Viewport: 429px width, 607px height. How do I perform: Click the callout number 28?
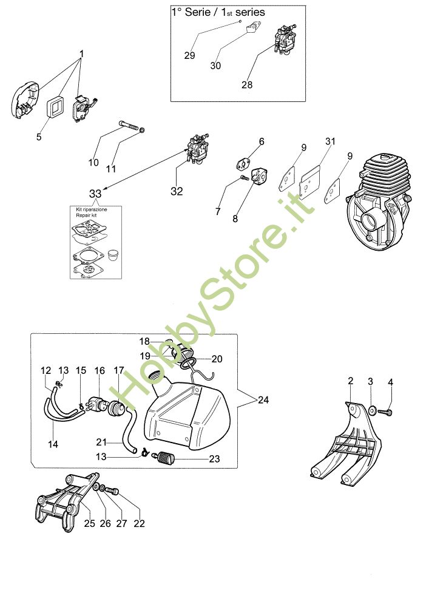[x=247, y=85]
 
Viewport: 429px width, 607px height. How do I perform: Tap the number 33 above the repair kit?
[x=96, y=193]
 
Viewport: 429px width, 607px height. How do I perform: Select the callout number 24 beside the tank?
[x=263, y=400]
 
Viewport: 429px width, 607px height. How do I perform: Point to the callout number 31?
[x=330, y=141]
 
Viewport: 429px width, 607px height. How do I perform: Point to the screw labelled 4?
[x=384, y=412]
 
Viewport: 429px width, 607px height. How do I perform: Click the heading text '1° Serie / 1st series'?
[x=218, y=12]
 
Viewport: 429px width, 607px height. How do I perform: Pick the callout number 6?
[x=262, y=141]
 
